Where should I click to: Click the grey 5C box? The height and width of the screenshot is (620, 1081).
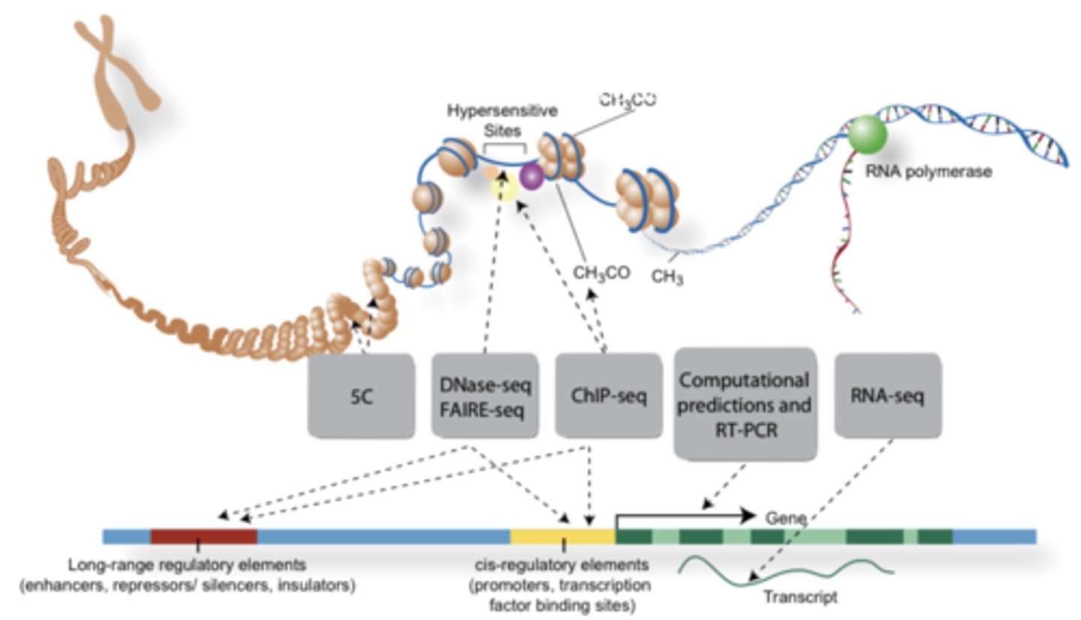[361, 395]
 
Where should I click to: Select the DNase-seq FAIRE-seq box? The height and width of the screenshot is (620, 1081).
[485, 396]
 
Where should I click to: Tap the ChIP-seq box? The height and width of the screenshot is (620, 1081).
[608, 396]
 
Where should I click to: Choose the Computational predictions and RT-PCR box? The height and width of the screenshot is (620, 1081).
[745, 404]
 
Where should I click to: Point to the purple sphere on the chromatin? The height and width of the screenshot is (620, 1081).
[531, 177]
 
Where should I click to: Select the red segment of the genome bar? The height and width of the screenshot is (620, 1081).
[203, 536]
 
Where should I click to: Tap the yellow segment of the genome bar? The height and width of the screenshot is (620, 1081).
[562, 536]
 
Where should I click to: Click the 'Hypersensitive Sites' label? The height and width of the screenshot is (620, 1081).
[503, 119]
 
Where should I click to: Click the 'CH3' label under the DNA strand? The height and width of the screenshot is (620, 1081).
[667, 278]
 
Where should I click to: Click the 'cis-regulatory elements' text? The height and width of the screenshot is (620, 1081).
[562, 564]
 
